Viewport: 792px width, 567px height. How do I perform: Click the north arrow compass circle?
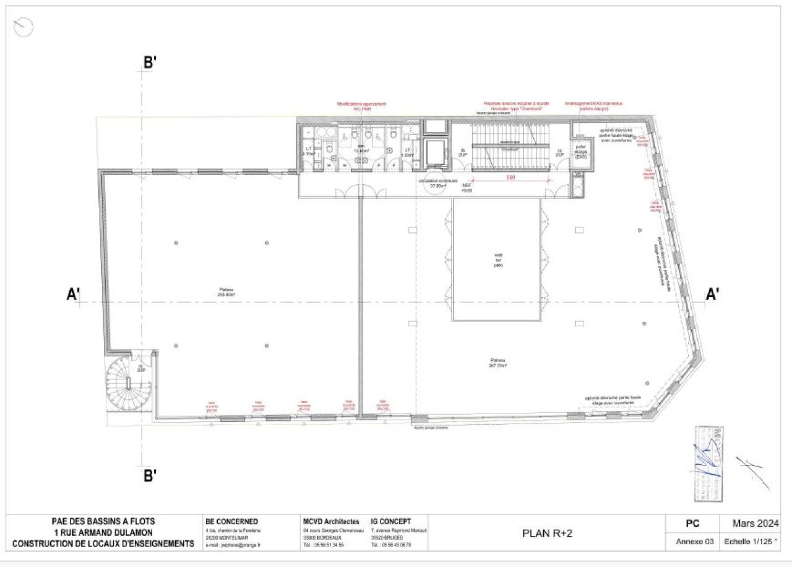click(22, 27)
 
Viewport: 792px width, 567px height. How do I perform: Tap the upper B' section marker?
click(150, 63)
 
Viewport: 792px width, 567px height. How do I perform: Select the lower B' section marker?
click(150, 475)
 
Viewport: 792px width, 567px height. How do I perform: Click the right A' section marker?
click(713, 295)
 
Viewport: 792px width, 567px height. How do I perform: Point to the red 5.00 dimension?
click(510, 177)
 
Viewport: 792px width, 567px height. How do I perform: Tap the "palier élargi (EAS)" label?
click(580, 152)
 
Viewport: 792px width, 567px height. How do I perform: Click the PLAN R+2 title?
click(547, 533)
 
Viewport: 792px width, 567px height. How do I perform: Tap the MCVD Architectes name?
click(331, 522)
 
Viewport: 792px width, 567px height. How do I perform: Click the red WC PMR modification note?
click(361, 106)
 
